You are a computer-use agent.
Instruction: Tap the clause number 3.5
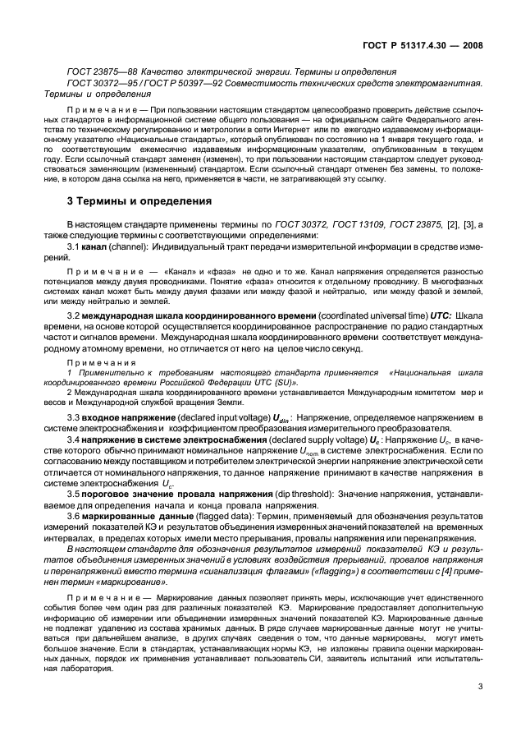[73, 494]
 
